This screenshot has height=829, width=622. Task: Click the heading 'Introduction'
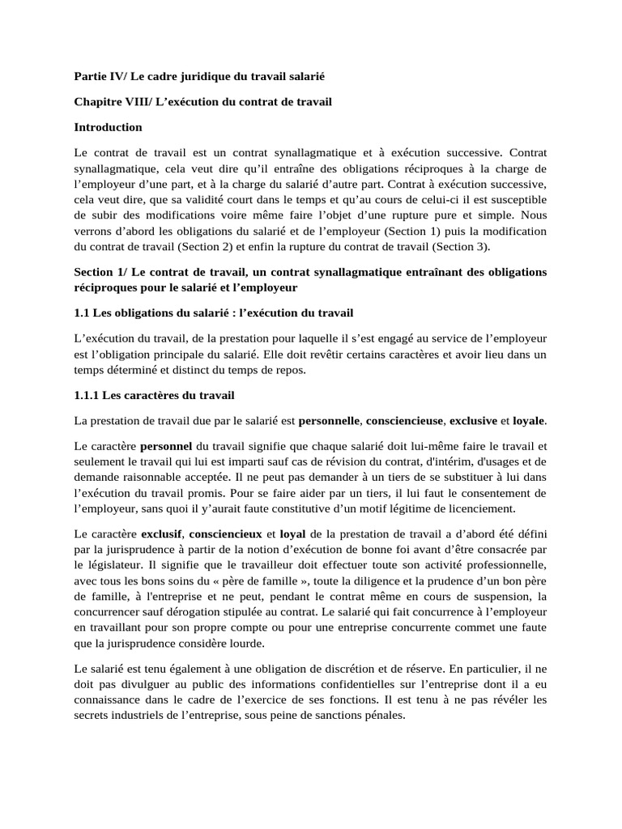[108, 127]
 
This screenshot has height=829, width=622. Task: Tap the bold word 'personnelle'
[329, 421]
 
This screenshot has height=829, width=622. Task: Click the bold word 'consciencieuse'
[404, 421]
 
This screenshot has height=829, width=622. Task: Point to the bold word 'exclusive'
[473, 421]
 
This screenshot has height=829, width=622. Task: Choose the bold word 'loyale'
[529, 421]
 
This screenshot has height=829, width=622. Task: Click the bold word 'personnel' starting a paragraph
[167, 446]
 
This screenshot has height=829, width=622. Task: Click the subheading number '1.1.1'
[88, 395]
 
